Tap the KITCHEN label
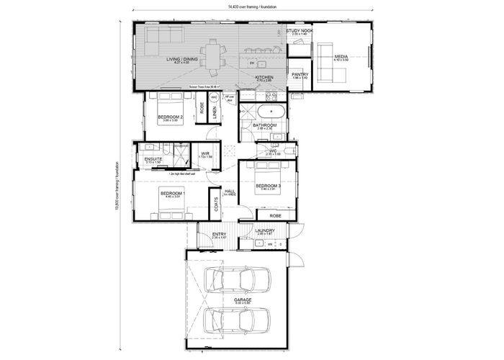point(264,76)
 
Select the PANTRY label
point(300,74)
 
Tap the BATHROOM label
point(266,125)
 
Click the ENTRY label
point(219,234)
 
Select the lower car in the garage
point(238,319)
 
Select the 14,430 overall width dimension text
point(253,6)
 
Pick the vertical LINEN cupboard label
point(215,111)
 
